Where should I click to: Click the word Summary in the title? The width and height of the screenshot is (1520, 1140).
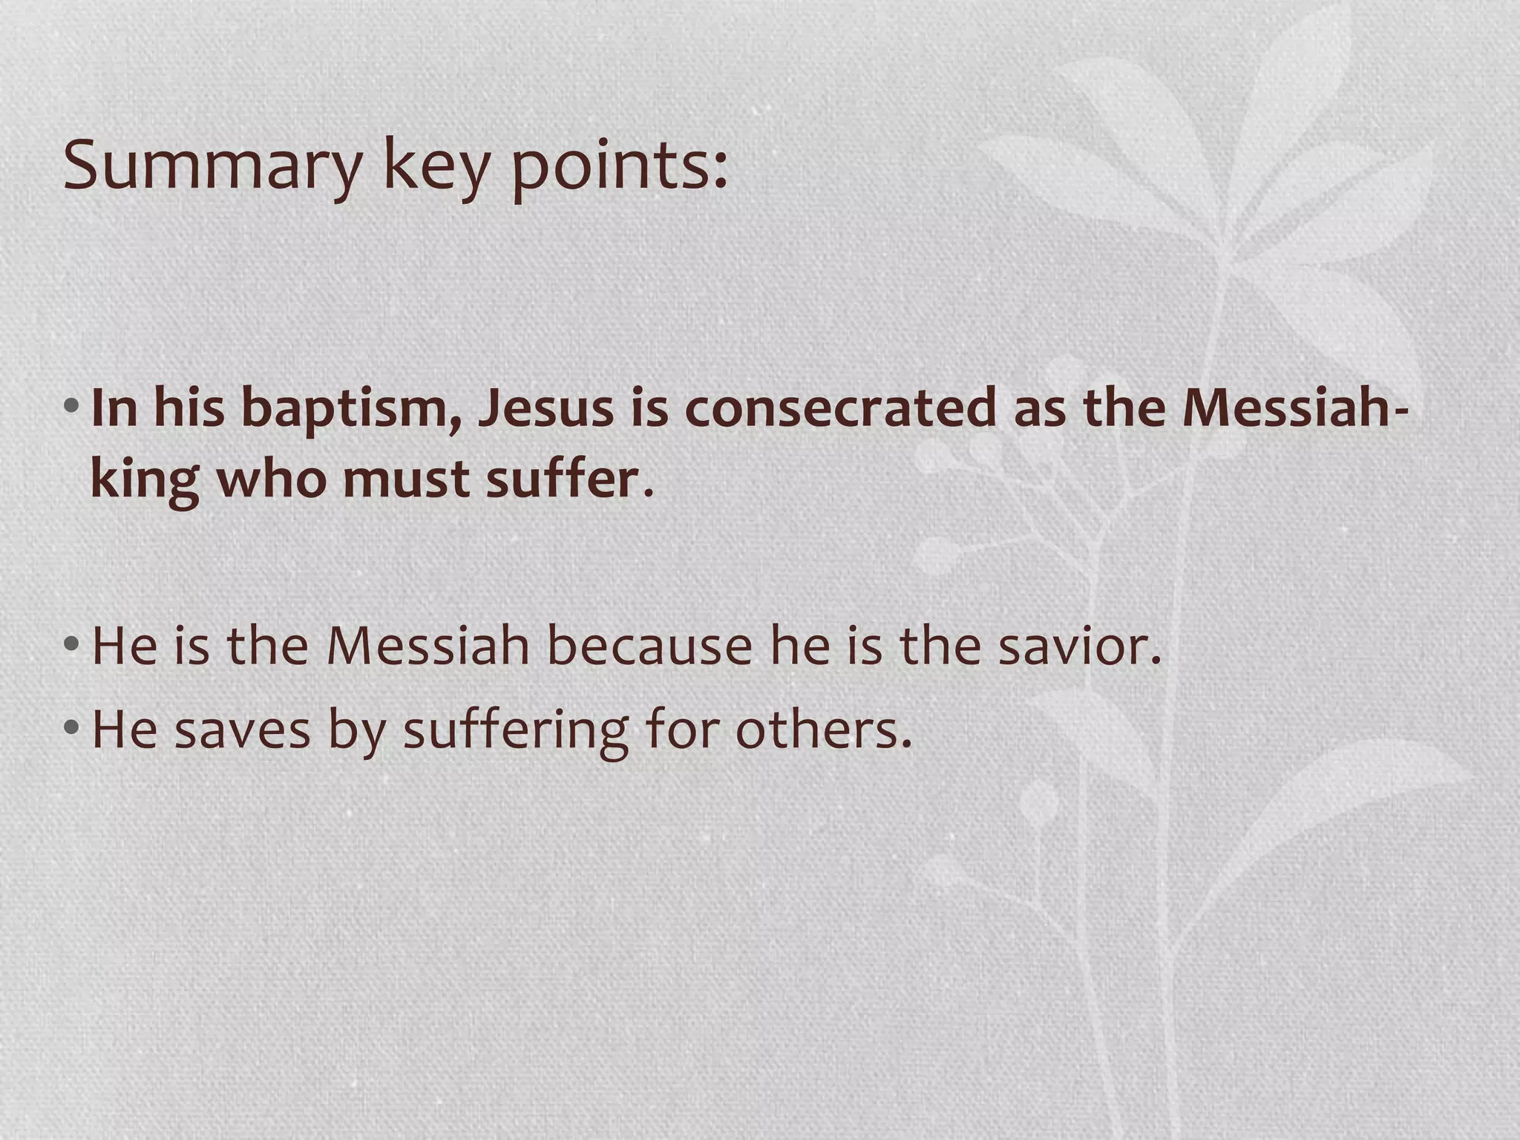click(212, 165)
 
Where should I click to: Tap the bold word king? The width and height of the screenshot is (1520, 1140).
click(144, 479)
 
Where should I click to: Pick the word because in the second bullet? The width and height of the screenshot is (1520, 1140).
click(650, 646)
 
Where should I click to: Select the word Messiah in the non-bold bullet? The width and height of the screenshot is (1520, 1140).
click(428, 646)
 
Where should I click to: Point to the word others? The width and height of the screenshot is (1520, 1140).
click(823, 729)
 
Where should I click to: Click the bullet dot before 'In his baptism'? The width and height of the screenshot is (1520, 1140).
click(71, 407)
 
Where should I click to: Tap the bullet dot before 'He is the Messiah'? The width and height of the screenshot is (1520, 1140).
click(71, 643)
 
